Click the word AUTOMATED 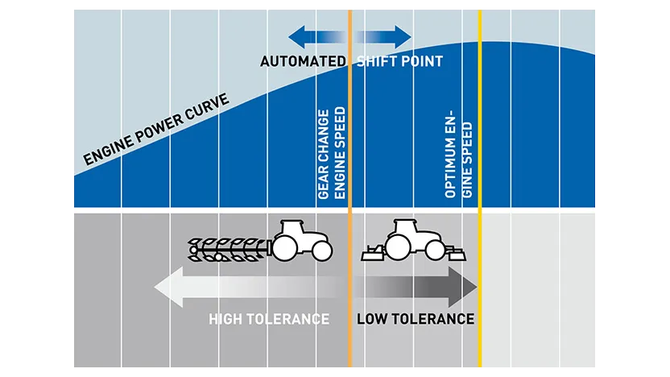[303, 61]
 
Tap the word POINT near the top [421, 61]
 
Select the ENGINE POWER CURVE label [156, 130]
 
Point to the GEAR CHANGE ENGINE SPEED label [332, 153]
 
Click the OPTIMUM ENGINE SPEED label [459, 156]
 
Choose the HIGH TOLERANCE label [269, 319]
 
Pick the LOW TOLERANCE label [416, 319]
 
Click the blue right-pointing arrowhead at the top [403, 37]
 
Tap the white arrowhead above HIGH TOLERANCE [169, 287]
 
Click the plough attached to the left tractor [229, 250]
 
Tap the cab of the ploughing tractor [292, 227]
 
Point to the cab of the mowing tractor [405, 227]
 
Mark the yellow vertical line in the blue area [480, 109]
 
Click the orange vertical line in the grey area [350, 290]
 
